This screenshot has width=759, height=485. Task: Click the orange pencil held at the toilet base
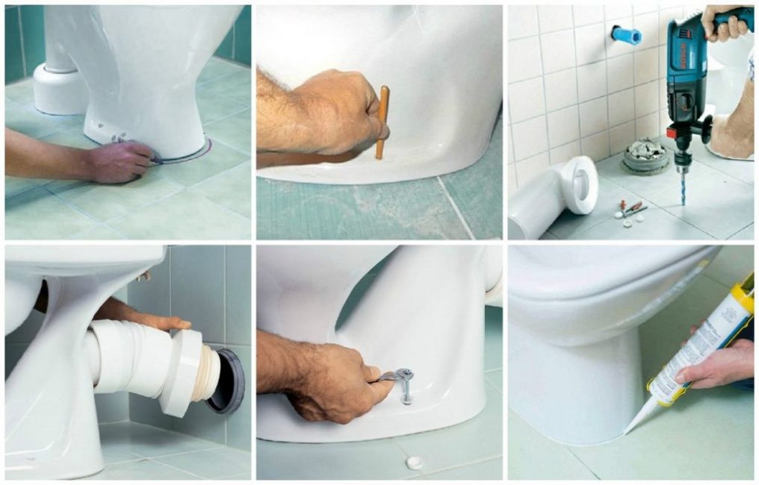382,123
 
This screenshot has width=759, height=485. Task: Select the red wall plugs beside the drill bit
632,207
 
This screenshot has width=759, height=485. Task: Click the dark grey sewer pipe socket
227,381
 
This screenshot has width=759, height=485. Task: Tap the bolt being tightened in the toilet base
406,386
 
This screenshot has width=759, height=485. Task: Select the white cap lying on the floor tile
414,463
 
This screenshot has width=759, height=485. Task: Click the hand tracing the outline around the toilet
120,160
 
